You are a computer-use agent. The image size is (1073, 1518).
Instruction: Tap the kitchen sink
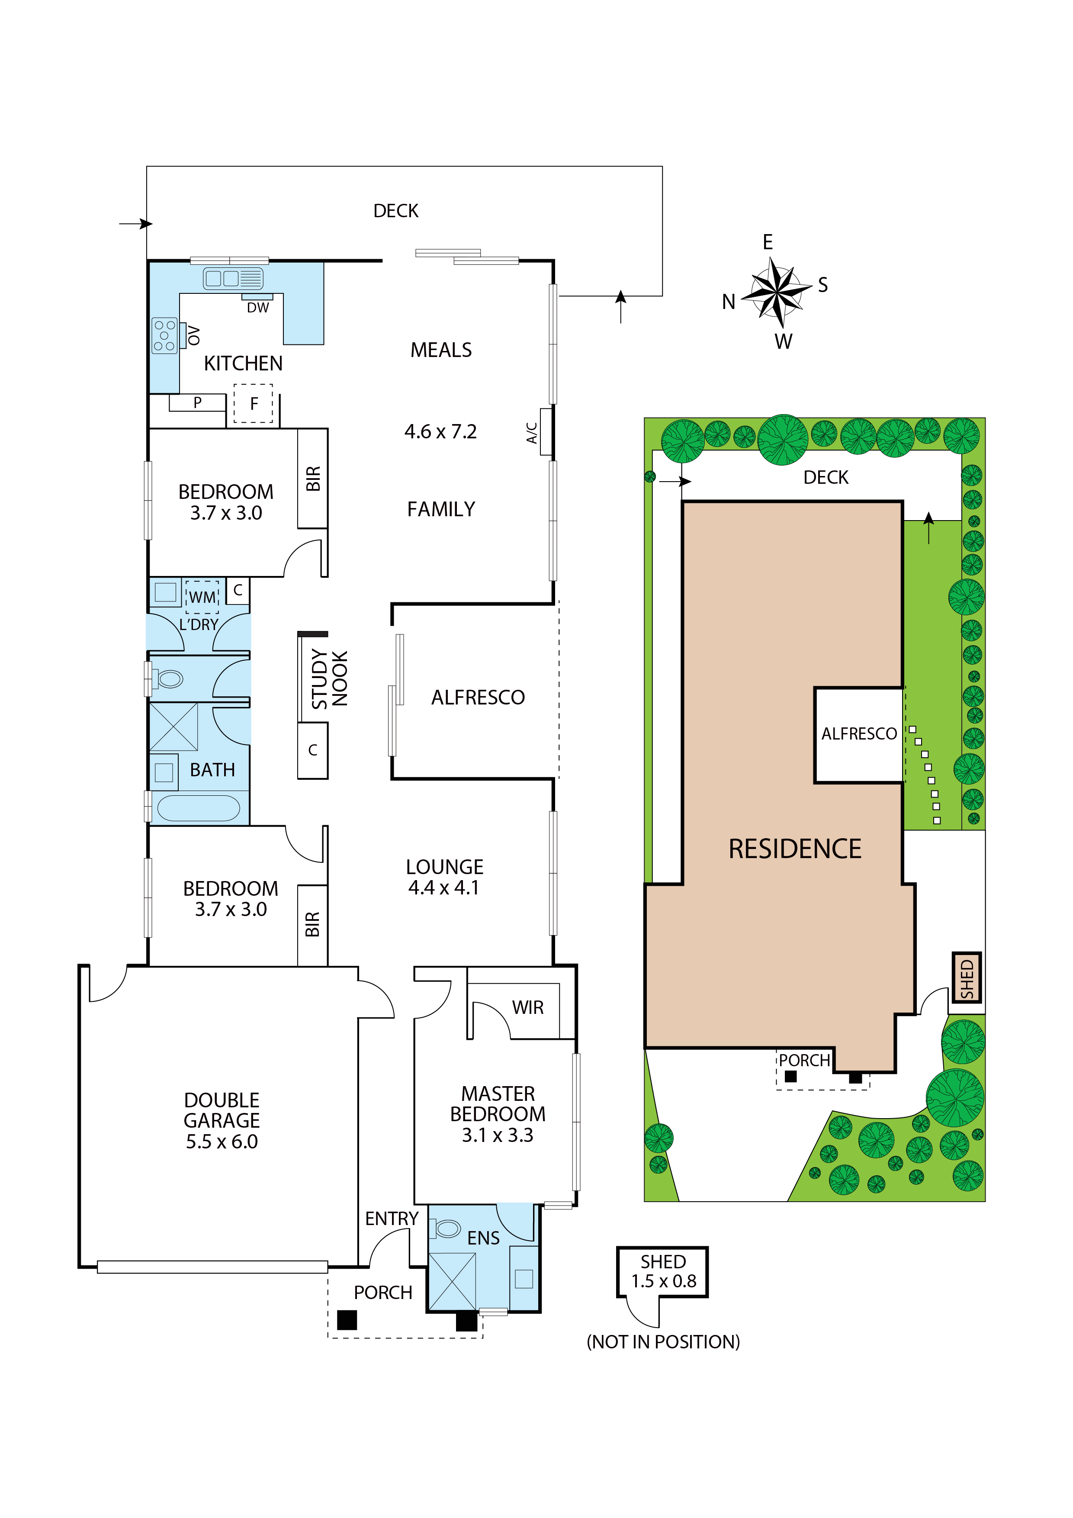(233, 278)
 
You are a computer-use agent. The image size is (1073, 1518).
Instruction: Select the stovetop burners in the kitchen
(164, 336)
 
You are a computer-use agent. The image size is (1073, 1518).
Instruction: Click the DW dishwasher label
(258, 307)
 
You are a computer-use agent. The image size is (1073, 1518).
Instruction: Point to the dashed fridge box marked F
(253, 403)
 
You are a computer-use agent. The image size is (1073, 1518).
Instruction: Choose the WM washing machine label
(202, 598)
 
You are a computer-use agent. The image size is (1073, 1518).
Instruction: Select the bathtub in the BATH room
(198, 808)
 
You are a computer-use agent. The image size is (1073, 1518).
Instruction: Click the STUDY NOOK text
(329, 679)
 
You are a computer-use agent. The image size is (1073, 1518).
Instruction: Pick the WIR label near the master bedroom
(527, 1007)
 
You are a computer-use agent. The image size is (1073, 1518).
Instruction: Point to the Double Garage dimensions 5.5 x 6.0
(222, 1142)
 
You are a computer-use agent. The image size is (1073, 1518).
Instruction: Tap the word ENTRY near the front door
(392, 1219)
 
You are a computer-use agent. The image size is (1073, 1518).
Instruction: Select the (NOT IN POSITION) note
(663, 1342)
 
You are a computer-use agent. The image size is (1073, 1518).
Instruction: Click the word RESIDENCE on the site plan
(795, 849)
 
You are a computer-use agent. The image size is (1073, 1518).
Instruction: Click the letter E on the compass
(768, 242)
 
